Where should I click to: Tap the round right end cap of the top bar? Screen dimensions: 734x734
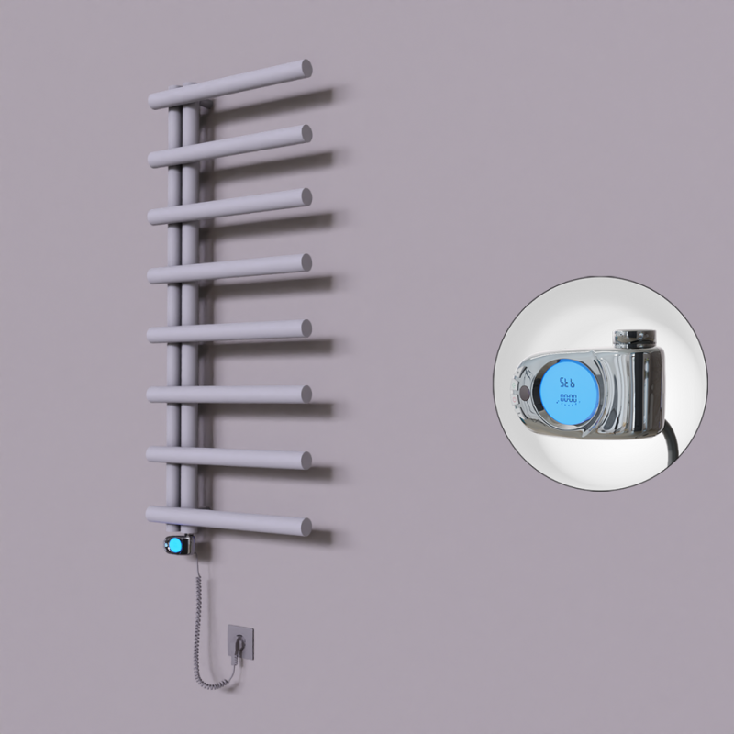tap(304, 69)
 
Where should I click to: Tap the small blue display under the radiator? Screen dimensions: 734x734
tap(172, 547)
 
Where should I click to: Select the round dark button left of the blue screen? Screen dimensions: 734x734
tap(524, 393)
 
